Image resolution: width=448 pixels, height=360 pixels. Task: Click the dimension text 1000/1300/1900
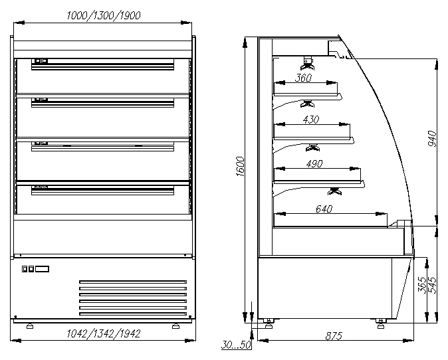coord(103,15)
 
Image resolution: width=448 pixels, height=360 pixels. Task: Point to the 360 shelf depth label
coord(304,78)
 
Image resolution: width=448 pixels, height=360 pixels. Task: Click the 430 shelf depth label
coord(311,120)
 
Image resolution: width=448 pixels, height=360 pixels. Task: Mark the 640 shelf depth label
coord(324,209)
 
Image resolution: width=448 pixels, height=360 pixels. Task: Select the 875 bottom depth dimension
coord(333,336)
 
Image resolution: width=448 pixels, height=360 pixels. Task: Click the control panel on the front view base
coord(36,269)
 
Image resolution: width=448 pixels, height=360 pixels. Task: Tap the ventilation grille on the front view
coord(133,296)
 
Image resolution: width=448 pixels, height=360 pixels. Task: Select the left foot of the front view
coord(30,325)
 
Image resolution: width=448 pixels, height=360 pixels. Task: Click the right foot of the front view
coord(175,325)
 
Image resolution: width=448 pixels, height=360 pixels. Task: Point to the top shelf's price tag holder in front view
coord(41,61)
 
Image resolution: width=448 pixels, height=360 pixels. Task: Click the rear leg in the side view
coord(269,323)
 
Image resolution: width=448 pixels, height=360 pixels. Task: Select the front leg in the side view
coord(380,323)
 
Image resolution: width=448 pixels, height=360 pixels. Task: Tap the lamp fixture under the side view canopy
coord(307,63)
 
